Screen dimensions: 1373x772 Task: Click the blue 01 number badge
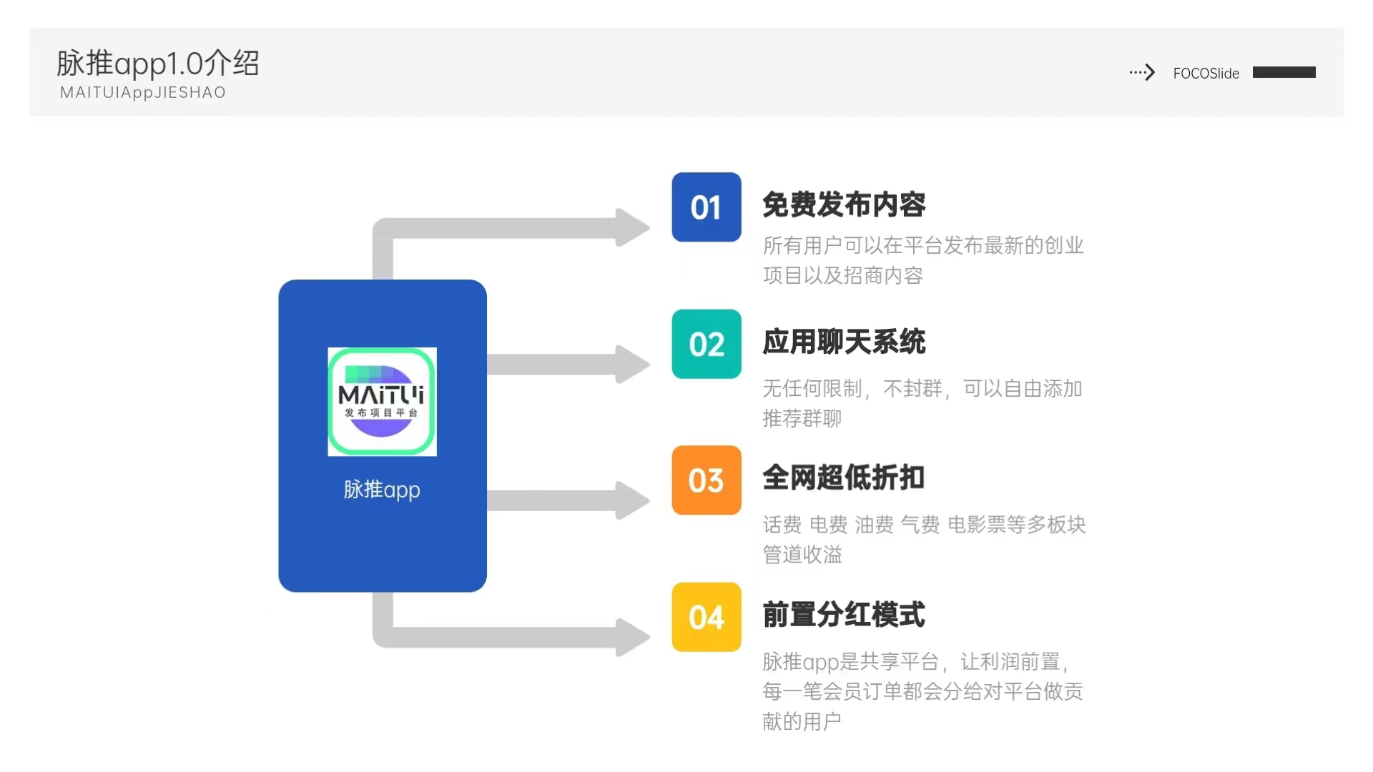pyautogui.click(x=707, y=207)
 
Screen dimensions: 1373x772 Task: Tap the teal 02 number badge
pyautogui.click(x=707, y=344)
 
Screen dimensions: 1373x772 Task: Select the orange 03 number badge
pyautogui.click(x=707, y=480)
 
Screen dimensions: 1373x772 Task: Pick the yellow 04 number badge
pyautogui.click(x=707, y=617)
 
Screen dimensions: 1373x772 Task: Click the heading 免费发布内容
pyautogui.click(x=844, y=205)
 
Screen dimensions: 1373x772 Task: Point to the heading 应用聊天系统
pyautogui.click(x=844, y=342)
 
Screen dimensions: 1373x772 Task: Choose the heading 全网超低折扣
pyautogui.click(x=844, y=478)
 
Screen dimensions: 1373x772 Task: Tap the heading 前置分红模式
pyautogui.click(x=844, y=615)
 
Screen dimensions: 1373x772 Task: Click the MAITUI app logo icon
pyautogui.click(x=382, y=402)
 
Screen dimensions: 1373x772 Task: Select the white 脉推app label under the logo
pyautogui.click(x=382, y=490)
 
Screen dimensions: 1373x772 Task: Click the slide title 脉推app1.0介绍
pyautogui.click(x=158, y=64)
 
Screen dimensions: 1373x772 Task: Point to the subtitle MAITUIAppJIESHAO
pyautogui.click(x=143, y=93)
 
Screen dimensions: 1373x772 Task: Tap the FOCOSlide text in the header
pyautogui.click(x=1206, y=73)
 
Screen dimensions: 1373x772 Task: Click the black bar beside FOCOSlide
pyautogui.click(x=1284, y=72)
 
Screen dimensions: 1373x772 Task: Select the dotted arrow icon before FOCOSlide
pyautogui.click(x=1142, y=72)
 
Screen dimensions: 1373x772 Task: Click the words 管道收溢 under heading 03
pyautogui.click(x=802, y=555)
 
